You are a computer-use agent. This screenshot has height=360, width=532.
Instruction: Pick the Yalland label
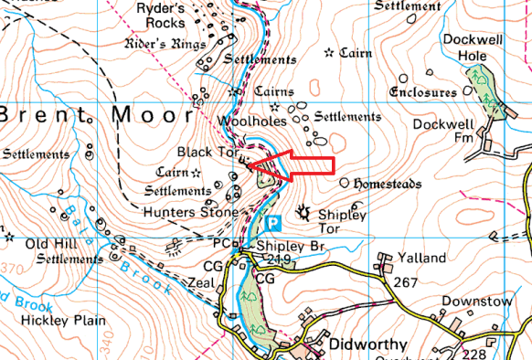click(x=416, y=259)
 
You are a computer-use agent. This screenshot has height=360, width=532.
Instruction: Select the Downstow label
click(x=473, y=301)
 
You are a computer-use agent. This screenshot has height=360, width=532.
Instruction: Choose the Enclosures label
click(x=422, y=93)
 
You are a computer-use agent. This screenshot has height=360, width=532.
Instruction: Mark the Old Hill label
click(x=49, y=244)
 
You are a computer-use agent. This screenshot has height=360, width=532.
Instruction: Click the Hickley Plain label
click(x=66, y=321)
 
